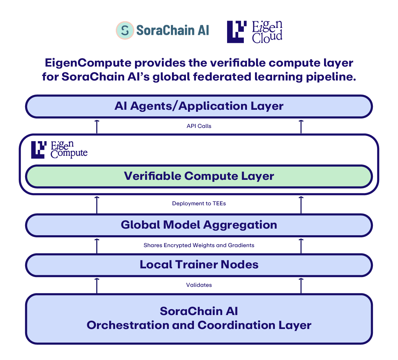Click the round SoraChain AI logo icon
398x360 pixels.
(125, 30)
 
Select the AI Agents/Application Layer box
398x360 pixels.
(199, 106)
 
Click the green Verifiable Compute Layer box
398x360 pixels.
(199, 176)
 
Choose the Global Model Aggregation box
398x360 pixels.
(199, 225)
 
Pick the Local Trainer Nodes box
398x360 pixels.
(199, 265)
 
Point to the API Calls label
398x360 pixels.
(199, 126)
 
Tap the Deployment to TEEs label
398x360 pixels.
(199, 203)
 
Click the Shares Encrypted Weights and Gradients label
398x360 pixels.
(199, 245)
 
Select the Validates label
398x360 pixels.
(199, 285)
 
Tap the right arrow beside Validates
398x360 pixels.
(301, 285)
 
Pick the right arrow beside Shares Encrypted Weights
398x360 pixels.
(301, 246)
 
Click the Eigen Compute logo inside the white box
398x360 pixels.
(59, 150)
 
